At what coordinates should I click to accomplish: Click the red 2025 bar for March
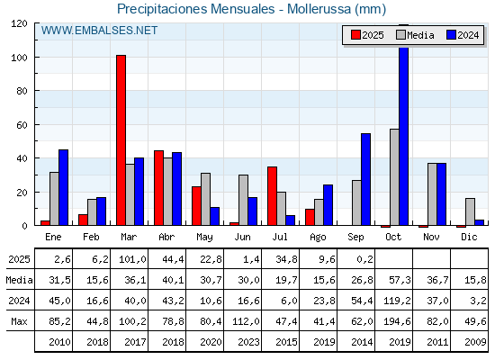121,140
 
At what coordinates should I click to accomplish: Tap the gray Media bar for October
394,177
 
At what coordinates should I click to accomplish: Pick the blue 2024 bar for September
365,179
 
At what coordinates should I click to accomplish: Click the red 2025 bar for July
272,196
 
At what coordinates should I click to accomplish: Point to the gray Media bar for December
470,211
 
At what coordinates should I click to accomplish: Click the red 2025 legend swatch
355,35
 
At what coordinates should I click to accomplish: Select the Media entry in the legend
415,35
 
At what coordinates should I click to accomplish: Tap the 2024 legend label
468,35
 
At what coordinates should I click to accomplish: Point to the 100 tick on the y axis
19,58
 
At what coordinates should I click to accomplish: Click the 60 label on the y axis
22,125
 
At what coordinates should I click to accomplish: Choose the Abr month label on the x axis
166,237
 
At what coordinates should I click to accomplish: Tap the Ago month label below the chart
318,238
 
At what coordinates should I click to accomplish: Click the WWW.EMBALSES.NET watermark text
99,31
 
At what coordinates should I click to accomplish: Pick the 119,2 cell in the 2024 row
397,301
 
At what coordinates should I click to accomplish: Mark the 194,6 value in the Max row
397,321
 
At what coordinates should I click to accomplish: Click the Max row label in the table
19,321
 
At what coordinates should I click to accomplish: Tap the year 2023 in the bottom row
248,342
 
